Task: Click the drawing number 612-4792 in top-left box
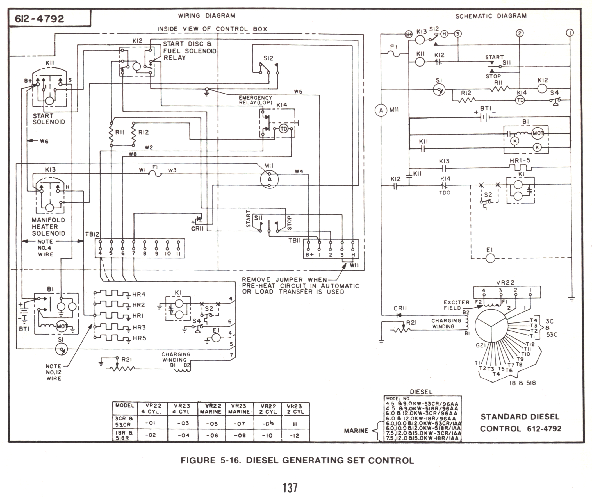pyautogui.click(x=40, y=19)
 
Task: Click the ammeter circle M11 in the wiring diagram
pyautogui.click(x=269, y=179)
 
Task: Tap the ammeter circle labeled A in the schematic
pyautogui.click(x=381, y=110)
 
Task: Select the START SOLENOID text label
pyautogui.click(x=49, y=119)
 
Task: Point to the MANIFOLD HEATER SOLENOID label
pyautogui.click(x=49, y=227)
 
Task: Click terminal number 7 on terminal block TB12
pyautogui.click(x=133, y=254)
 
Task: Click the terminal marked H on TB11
pyautogui.click(x=353, y=255)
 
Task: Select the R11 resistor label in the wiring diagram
pyautogui.click(x=120, y=132)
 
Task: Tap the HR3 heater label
pyautogui.click(x=139, y=328)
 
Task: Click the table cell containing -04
pyautogui.click(x=183, y=435)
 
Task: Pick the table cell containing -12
pyautogui.click(x=294, y=436)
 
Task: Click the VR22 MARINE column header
pyautogui.click(x=211, y=409)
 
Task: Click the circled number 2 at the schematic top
pyautogui.click(x=520, y=33)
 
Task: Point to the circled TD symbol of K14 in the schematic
pyautogui.click(x=520, y=100)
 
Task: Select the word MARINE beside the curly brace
pyautogui.click(x=356, y=431)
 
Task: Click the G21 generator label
pyautogui.click(x=481, y=345)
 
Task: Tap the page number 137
pyautogui.click(x=290, y=488)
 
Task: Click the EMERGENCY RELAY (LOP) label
pyautogui.click(x=256, y=100)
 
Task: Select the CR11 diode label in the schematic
pyautogui.click(x=400, y=308)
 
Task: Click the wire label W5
pyautogui.click(x=298, y=92)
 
